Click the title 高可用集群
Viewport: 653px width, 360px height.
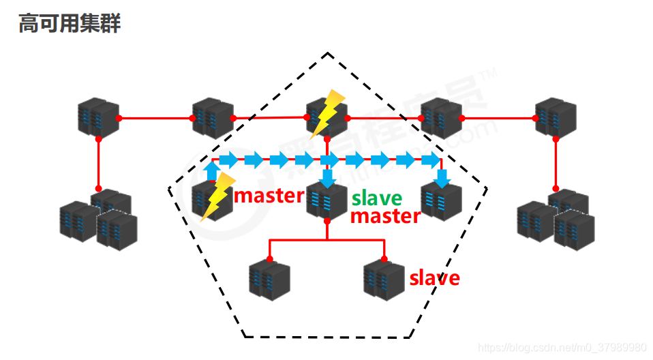pos(70,24)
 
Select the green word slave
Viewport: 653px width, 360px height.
pos(377,198)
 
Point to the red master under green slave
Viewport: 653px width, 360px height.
pos(385,216)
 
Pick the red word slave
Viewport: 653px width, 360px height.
pos(434,278)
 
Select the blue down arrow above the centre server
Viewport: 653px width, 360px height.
pos(328,179)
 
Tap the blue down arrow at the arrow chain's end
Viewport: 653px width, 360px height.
pos(442,179)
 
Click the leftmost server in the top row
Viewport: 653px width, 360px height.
pos(98,117)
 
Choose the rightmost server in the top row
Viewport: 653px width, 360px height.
pos(556,117)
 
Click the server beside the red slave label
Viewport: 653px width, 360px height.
pos(384,277)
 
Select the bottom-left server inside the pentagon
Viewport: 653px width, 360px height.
pos(269,277)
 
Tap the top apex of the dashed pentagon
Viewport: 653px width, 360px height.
pos(328,53)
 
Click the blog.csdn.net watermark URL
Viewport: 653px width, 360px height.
pos(562,348)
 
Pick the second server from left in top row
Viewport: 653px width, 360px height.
pos(213,117)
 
